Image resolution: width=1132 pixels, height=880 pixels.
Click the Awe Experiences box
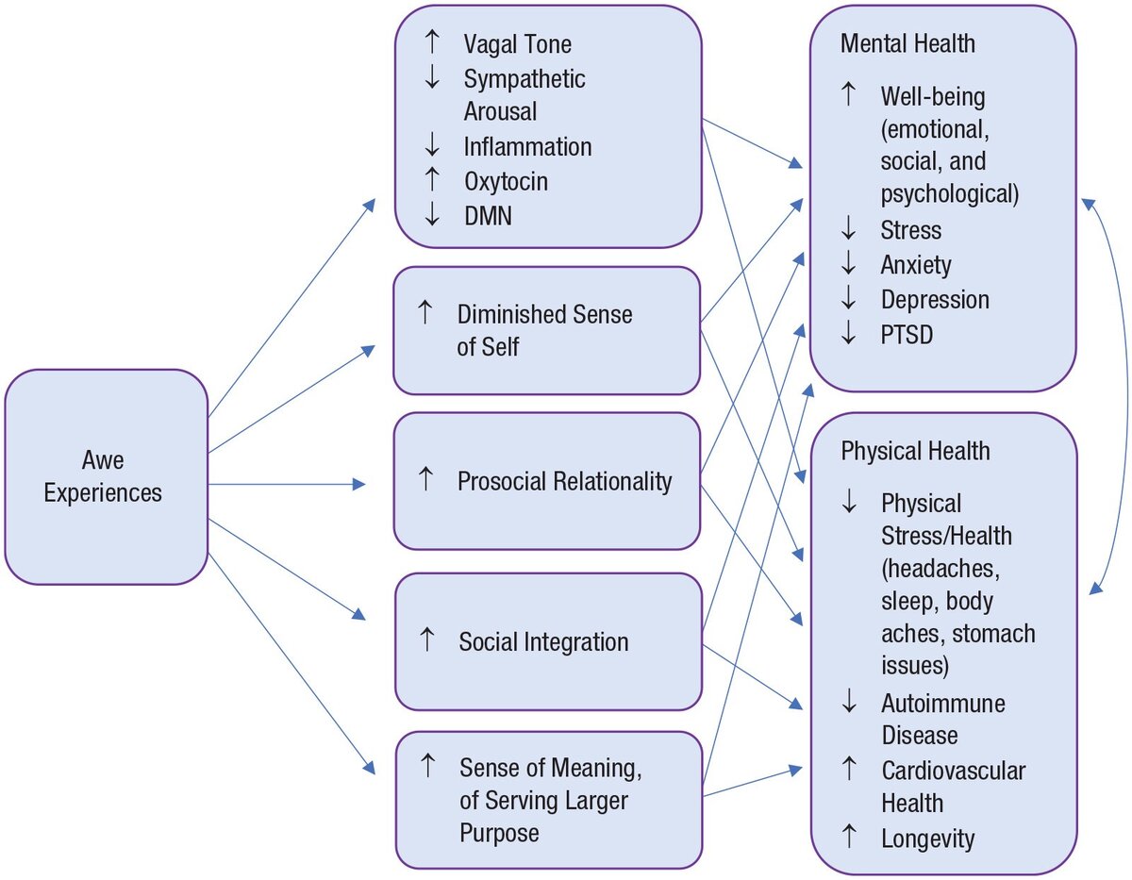(x=107, y=476)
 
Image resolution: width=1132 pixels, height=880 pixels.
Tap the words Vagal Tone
(x=517, y=44)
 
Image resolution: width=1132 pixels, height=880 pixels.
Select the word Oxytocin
(x=506, y=182)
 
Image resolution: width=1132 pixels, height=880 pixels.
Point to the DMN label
(x=488, y=216)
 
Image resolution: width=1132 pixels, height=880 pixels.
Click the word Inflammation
(x=527, y=147)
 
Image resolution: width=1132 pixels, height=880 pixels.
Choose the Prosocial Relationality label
(x=565, y=481)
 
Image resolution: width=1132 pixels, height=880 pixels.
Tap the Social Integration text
(x=543, y=641)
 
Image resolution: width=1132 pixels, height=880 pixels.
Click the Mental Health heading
(x=907, y=43)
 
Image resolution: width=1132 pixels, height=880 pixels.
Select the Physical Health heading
(x=915, y=451)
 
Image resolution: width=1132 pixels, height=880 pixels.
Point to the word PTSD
(x=907, y=334)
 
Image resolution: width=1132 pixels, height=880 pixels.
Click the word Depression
(x=935, y=300)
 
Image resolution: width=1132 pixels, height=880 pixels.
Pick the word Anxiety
(x=916, y=265)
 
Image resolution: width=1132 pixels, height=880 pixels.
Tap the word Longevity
(x=928, y=838)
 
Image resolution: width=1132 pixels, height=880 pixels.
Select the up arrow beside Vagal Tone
(x=432, y=42)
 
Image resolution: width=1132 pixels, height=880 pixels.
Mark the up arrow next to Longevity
(x=849, y=837)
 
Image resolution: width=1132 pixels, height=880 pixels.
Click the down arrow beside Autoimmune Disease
(x=849, y=701)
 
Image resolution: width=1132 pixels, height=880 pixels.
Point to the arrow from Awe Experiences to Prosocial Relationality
(x=287, y=485)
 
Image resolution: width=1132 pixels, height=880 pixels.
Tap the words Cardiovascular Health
(x=954, y=787)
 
